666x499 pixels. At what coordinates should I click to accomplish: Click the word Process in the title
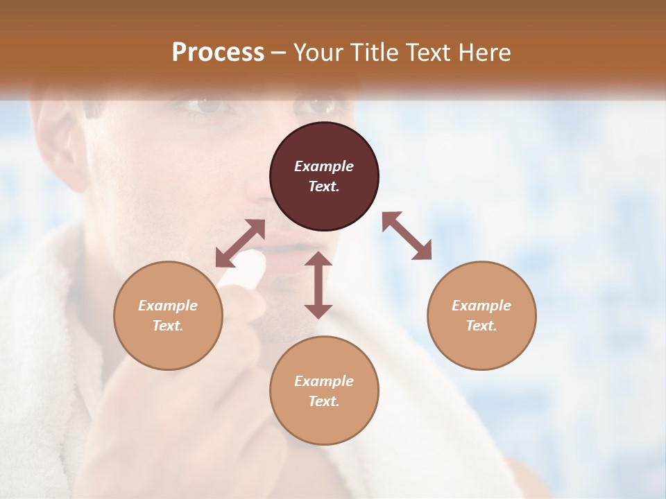tap(218, 53)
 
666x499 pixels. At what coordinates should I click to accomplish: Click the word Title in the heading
tap(375, 53)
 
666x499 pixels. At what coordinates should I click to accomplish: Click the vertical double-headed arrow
tap(318, 285)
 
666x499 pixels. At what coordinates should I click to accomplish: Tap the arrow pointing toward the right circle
tap(407, 236)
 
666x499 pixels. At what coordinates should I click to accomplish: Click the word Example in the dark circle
tap(324, 166)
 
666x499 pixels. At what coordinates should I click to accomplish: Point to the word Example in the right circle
tap(481, 306)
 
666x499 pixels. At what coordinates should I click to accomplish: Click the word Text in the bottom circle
tap(324, 401)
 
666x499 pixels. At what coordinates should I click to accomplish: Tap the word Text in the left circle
tap(168, 326)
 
